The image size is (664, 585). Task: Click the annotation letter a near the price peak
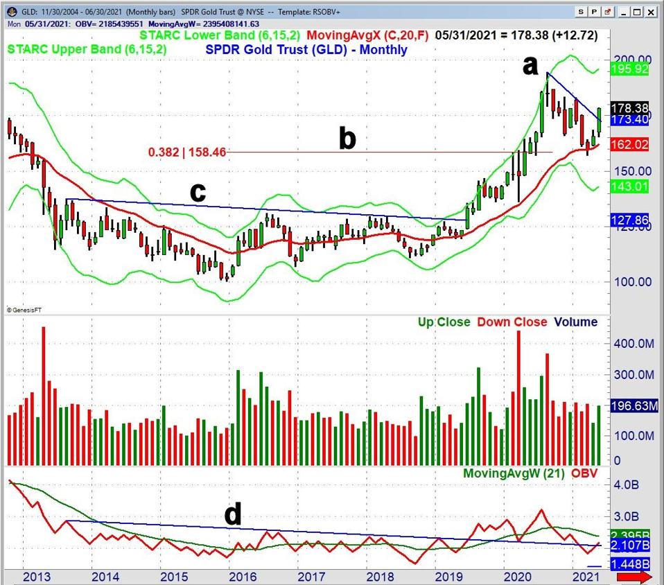click(x=530, y=66)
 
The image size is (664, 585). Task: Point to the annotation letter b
click(x=347, y=139)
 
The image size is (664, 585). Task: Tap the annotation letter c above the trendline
click(x=198, y=193)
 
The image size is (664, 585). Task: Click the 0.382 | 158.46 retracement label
click(x=187, y=152)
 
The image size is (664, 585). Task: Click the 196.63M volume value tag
click(x=632, y=407)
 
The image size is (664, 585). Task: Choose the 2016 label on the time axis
click(x=239, y=577)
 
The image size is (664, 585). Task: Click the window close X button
click(x=652, y=12)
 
